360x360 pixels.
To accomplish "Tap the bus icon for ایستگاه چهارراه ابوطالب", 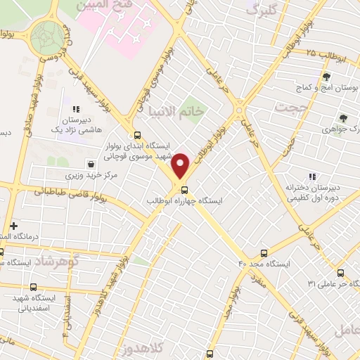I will click(184, 190).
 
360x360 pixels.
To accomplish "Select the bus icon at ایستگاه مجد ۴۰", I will click(264, 253).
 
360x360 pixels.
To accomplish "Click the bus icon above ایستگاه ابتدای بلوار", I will click(137, 135).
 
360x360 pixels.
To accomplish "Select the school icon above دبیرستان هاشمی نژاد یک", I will click(76, 109).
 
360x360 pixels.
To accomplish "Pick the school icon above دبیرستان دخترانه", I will click(311, 176).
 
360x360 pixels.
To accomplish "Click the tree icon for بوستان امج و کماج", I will click(326, 77).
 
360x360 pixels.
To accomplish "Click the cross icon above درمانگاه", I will click(13, 225).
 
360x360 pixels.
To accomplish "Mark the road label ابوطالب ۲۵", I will click(326, 53).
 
